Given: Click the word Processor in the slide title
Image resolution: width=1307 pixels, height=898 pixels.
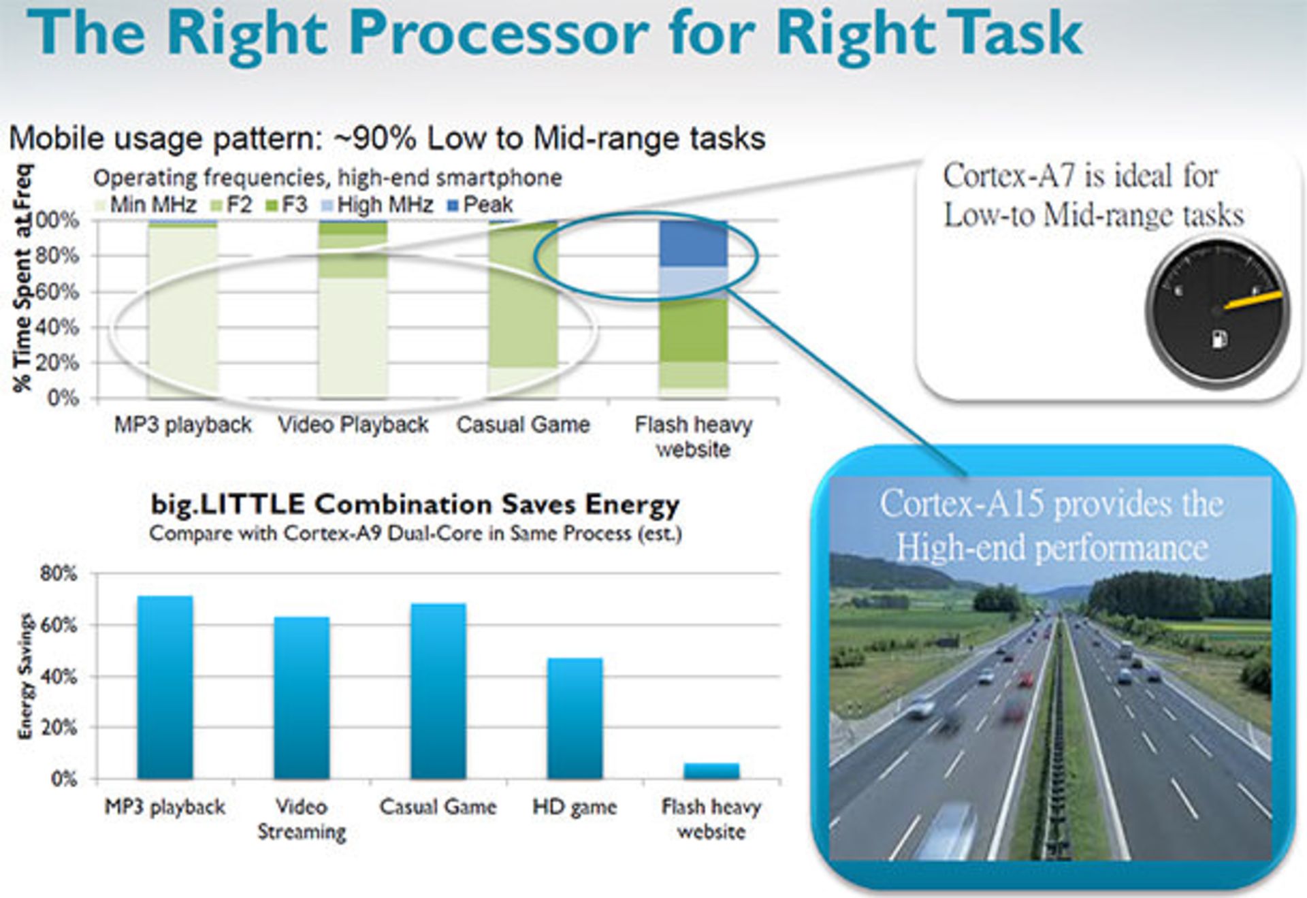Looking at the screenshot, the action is pyautogui.click(x=500, y=34).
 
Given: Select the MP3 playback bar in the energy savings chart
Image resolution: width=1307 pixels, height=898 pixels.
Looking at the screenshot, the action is pyautogui.click(x=165, y=687).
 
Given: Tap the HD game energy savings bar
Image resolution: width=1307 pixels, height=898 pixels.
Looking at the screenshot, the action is pyautogui.click(x=575, y=718).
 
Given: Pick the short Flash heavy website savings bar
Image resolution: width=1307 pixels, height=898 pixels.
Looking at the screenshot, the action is pyautogui.click(x=711, y=771).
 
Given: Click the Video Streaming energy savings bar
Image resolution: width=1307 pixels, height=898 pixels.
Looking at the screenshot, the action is pyautogui.click(x=302, y=698).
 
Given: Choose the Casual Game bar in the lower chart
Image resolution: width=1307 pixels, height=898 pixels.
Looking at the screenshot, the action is pyautogui.click(x=438, y=691).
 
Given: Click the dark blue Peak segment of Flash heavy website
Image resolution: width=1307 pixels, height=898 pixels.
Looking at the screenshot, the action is pyautogui.click(x=693, y=243).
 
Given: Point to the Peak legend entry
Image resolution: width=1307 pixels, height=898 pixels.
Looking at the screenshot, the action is pyautogui.click(x=480, y=204).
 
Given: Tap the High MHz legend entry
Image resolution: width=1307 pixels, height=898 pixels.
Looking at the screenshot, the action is pyautogui.click(x=377, y=204).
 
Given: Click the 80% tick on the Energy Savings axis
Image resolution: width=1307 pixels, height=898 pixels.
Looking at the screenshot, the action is pyautogui.click(x=59, y=573).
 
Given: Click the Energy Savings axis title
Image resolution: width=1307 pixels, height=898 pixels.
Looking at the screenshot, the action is pyautogui.click(x=25, y=676).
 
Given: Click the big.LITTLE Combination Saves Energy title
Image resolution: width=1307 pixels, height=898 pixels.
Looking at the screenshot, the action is pyautogui.click(x=415, y=504).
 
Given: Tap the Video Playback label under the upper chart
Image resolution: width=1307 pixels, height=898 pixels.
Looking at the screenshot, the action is pyautogui.click(x=353, y=425).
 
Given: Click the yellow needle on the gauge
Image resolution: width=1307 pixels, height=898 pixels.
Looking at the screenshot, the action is pyautogui.click(x=1253, y=301).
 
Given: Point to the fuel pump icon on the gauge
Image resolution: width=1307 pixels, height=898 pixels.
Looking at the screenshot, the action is pyautogui.click(x=1219, y=338).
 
